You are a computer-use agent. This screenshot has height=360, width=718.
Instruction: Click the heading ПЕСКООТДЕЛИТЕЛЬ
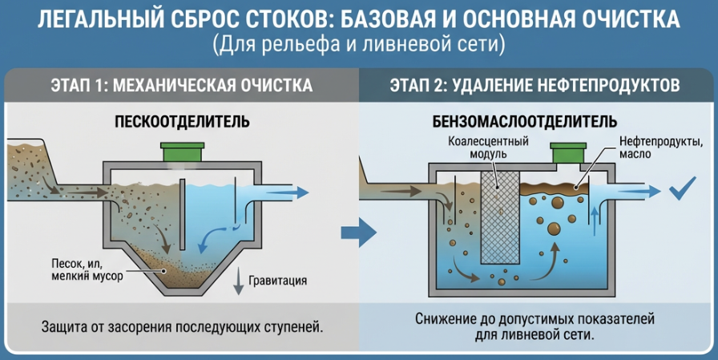pyautogui.click(x=182, y=122)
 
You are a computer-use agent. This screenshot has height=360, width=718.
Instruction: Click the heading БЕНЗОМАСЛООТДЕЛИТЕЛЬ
pyautogui.click(x=524, y=122)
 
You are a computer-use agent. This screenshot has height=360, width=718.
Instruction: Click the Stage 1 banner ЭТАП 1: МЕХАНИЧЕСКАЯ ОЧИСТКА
pyautogui.click(x=181, y=85)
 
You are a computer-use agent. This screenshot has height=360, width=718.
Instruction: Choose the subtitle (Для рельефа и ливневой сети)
pyautogui.click(x=358, y=45)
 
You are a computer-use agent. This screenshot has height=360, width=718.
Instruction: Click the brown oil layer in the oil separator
pyautogui.click(x=554, y=189)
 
